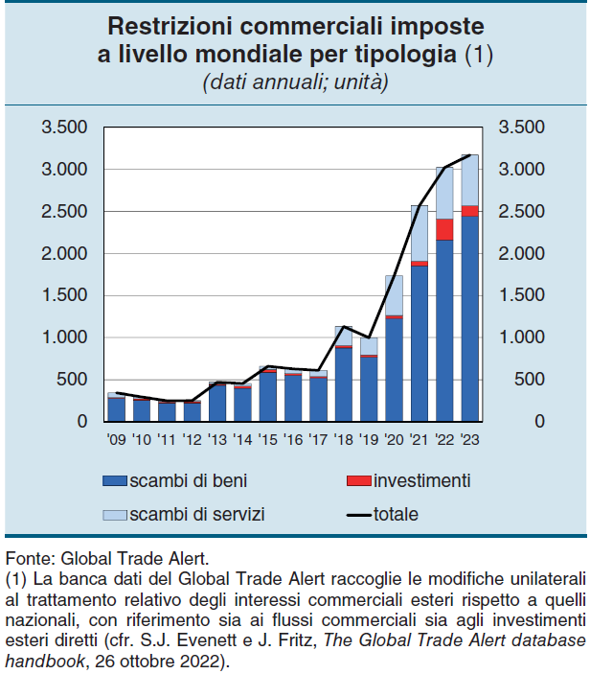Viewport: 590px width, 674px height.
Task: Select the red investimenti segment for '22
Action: (x=444, y=229)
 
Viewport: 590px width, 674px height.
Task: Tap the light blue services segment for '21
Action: (x=419, y=233)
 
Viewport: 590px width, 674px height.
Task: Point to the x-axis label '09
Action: (x=115, y=440)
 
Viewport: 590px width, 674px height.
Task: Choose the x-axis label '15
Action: (x=267, y=440)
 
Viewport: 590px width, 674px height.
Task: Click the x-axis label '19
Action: (x=369, y=440)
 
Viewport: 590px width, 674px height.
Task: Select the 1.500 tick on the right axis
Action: (x=522, y=295)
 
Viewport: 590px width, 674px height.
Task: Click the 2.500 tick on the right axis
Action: (x=522, y=212)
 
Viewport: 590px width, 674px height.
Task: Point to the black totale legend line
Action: (x=355, y=515)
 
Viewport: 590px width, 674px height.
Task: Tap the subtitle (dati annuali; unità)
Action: (x=295, y=83)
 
